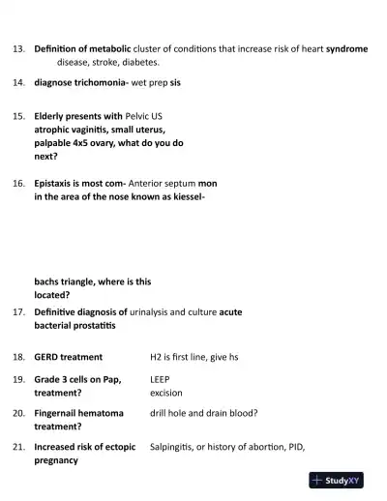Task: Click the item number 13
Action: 18,47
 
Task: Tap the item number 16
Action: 18,182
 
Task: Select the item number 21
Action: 18,447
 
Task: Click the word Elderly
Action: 50,115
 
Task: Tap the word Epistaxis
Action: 55,182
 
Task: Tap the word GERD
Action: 46,357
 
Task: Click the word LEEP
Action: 160,380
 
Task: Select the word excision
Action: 165,394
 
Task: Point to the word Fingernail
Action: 61,413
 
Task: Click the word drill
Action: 160,413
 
